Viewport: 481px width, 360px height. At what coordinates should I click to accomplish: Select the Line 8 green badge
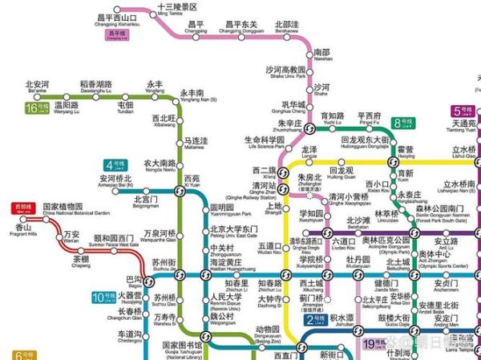coord(406,123)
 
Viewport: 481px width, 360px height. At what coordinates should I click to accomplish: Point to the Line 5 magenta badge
coord(464,111)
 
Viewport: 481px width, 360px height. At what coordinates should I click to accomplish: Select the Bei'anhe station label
coord(37,86)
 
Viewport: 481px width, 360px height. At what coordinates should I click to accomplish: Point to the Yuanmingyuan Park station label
coord(229,211)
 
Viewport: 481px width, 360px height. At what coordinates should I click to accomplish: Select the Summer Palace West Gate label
coord(115,241)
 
